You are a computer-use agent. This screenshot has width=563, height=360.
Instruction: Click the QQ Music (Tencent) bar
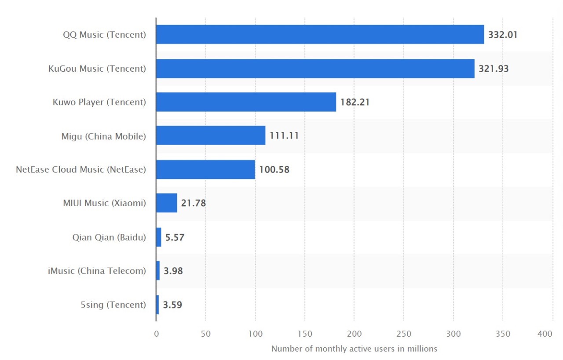click(320, 34)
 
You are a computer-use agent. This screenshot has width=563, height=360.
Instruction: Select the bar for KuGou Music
click(315, 68)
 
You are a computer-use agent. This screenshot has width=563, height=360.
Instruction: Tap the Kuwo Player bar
click(246, 102)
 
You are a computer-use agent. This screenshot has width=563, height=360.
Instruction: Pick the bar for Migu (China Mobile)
click(211, 135)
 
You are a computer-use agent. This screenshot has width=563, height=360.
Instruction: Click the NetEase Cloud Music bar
click(205, 169)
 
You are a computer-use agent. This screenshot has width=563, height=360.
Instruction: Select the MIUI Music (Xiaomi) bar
click(166, 203)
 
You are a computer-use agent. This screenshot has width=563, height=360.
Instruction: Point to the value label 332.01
click(503, 35)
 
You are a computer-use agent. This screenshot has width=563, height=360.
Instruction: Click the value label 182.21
click(355, 102)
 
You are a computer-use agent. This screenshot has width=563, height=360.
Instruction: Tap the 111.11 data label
click(284, 136)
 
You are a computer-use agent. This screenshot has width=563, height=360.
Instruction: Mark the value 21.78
click(194, 204)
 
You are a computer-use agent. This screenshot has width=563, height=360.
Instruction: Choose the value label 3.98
click(173, 271)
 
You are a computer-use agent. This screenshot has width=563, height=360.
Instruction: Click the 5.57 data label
click(175, 237)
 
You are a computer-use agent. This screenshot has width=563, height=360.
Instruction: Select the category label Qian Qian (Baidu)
click(109, 237)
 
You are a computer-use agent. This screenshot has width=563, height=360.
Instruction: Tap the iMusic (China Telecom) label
click(97, 271)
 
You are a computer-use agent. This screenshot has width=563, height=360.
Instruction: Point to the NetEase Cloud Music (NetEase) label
click(80, 169)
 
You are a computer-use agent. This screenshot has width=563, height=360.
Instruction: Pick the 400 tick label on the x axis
click(545, 334)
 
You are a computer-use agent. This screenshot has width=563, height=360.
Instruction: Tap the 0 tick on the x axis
click(156, 334)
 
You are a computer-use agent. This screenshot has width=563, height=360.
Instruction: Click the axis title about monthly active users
click(354, 349)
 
